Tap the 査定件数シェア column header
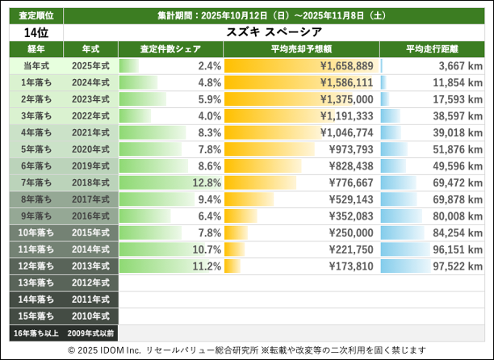(x=170, y=49)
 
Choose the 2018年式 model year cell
(x=90, y=182)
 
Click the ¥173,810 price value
(x=346, y=266)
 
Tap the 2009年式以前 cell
(x=90, y=333)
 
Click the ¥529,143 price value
(x=346, y=199)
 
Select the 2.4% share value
(x=209, y=65)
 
